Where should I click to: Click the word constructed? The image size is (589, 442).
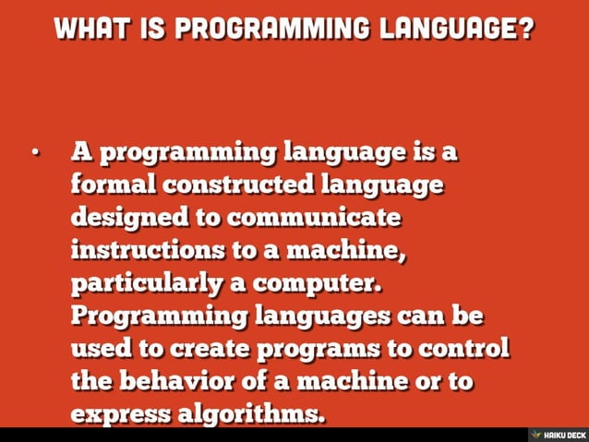coord(239,185)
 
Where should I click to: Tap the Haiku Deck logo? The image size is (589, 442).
coord(556,434)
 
